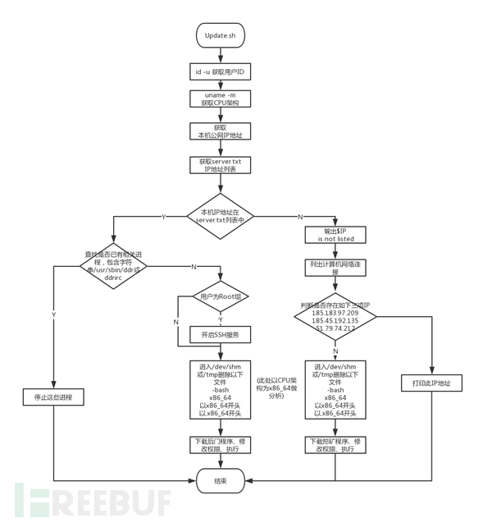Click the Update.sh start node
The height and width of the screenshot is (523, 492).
[220, 35]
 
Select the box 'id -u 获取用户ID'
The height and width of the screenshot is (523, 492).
[220, 72]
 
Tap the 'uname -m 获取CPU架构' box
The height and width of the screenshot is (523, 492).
[220, 99]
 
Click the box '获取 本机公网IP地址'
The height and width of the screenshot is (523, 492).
[220, 131]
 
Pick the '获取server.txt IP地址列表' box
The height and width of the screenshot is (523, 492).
[220, 165]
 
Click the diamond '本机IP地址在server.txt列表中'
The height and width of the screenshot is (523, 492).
[220, 217]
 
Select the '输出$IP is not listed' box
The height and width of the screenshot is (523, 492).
[335, 235]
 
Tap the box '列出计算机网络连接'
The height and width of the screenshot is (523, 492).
[335, 268]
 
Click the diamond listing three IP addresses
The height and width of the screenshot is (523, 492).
[335, 317]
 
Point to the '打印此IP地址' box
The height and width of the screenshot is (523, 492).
[431, 383]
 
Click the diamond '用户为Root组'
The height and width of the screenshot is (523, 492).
[221, 296]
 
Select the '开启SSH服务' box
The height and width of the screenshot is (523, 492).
[221, 334]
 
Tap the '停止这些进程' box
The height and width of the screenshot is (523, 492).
[54, 398]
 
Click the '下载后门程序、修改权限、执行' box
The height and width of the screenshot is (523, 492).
[221, 445]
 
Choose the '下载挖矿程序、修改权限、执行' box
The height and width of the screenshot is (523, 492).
[335, 445]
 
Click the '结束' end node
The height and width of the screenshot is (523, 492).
[221, 480]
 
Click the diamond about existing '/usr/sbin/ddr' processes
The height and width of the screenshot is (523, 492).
[113, 266]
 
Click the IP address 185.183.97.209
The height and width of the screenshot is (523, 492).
[335, 313]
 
